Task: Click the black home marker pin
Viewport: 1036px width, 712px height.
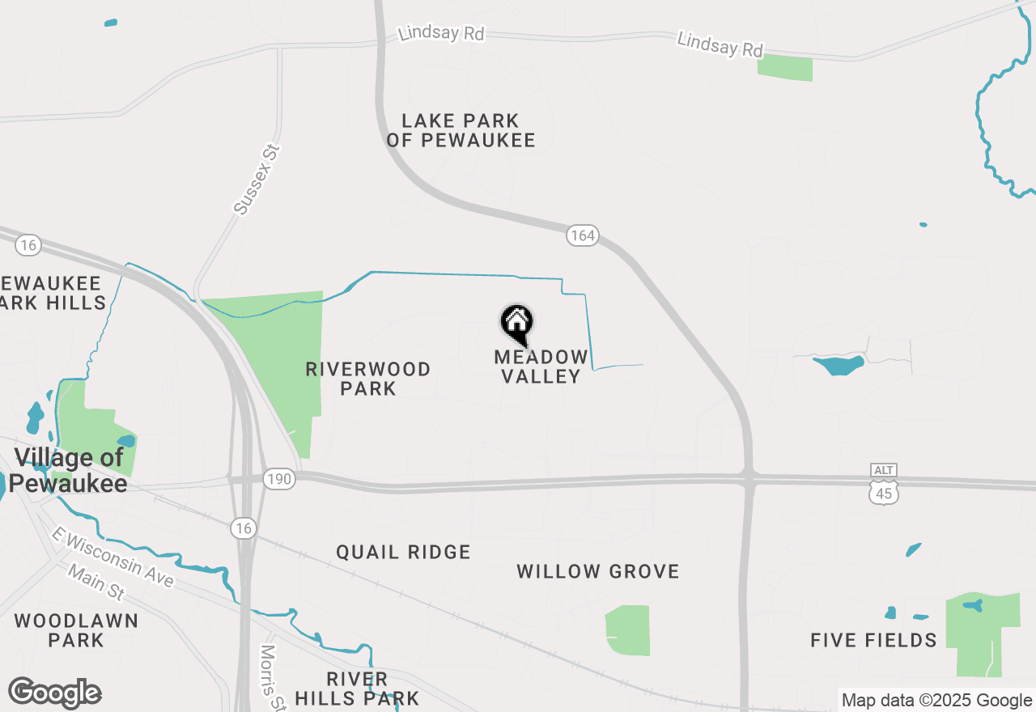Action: (517, 324)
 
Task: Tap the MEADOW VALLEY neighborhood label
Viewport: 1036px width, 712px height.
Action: (541, 367)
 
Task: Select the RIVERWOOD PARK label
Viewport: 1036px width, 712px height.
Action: (368, 379)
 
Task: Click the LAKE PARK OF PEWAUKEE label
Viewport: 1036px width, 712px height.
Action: (461, 130)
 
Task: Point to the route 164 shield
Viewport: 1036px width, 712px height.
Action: (582, 235)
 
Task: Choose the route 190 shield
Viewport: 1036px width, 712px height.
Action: (279, 480)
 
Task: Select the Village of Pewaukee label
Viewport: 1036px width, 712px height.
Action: (70, 470)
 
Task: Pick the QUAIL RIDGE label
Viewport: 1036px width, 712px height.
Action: (403, 553)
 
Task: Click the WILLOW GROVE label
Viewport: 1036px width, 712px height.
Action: (598, 571)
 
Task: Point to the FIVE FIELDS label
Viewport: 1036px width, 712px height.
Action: (873, 641)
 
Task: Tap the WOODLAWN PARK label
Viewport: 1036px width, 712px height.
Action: (75, 630)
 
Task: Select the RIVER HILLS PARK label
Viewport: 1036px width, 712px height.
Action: (357, 688)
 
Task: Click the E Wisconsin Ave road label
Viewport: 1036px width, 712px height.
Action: (112, 558)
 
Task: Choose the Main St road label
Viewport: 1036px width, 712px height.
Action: (96, 583)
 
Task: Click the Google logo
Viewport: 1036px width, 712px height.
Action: (54, 693)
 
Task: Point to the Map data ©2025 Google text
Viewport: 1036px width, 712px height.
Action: (936, 701)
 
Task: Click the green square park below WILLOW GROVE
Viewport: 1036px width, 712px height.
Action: (627, 630)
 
